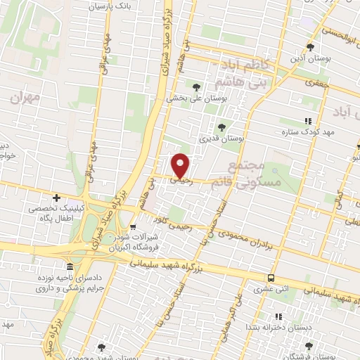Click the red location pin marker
[181, 165]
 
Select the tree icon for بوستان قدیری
[222, 127]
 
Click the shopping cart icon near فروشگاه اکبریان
[133, 226]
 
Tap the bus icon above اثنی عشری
[270, 278]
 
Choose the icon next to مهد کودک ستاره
[306, 120]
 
